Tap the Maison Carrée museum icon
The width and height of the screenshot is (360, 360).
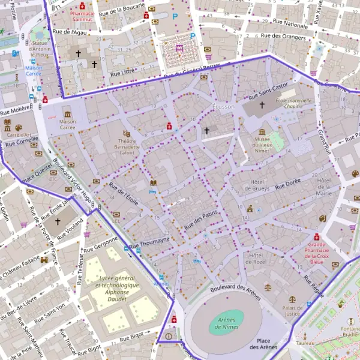click(x=67, y=114)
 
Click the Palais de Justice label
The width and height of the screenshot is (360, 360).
click(x=292, y=310)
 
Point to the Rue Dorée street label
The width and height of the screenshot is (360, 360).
click(x=288, y=183)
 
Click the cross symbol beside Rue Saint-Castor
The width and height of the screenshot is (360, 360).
click(x=261, y=106)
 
